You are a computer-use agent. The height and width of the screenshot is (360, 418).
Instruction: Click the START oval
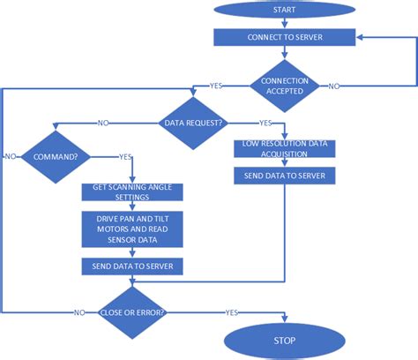(285, 11)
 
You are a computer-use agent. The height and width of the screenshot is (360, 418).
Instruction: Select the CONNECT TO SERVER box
(285, 37)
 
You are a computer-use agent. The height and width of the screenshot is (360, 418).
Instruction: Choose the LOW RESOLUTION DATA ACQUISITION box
(283, 148)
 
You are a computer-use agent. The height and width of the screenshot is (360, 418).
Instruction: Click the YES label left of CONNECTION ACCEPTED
(215, 86)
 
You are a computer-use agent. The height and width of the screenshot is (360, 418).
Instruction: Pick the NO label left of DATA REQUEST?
(104, 122)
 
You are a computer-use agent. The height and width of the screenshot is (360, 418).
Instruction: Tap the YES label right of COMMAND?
(126, 156)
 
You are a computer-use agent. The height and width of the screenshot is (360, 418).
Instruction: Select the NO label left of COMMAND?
(10, 156)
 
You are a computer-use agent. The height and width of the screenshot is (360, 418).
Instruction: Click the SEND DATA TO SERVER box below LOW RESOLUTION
(283, 176)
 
